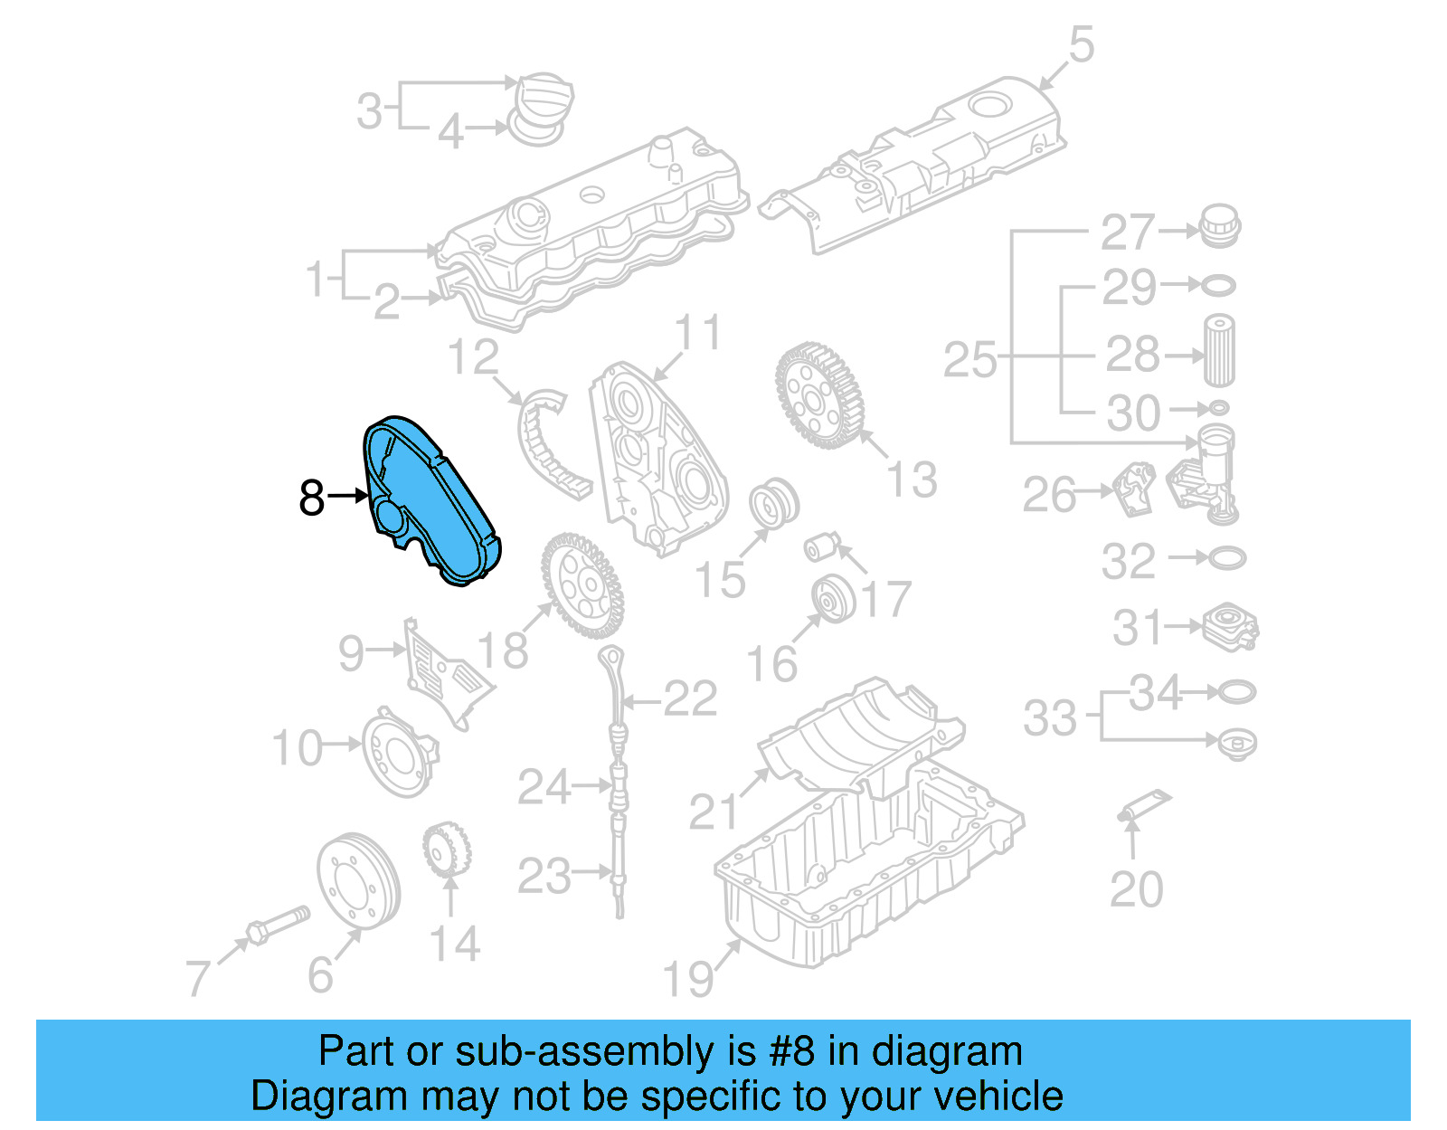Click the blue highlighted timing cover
[430, 500]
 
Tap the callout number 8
[312, 498]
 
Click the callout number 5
[1082, 44]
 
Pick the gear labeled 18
[582, 585]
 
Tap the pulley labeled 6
[359, 879]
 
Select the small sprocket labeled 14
[446, 850]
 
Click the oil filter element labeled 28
[1218, 350]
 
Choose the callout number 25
[970, 359]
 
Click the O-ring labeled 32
[1226, 558]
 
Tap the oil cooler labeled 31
[1230, 627]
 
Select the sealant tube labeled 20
[1143, 806]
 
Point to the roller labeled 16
[834, 600]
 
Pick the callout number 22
[691, 699]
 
